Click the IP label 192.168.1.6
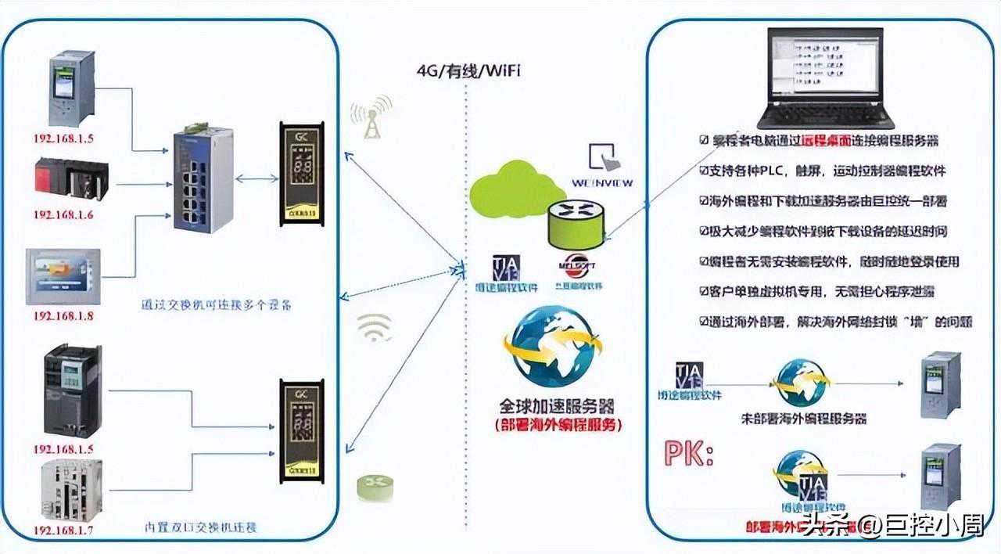pyautogui.click(x=63, y=214)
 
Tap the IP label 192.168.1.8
pyautogui.click(x=63, y=315)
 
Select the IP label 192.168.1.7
pyautogui.click(x=63, y=531)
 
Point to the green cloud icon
pyautogui.click(x=515, y=189)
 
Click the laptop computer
pyautogui.click(x=828, y=78)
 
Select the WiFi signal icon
pyautogui.click(x=375, y=328)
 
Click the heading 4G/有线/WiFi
pyautogui.click(x=468, y=71)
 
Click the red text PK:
pyautogui.click(x=688, y=455)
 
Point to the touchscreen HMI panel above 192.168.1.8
pyautogui.click(x=63, y=276)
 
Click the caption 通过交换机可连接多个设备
pyautogui.click(x=216, y=305)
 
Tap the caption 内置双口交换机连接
pyautogui.click(x=202, y=527)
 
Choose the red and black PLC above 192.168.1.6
pyautogui.click(x=70, y=179)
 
